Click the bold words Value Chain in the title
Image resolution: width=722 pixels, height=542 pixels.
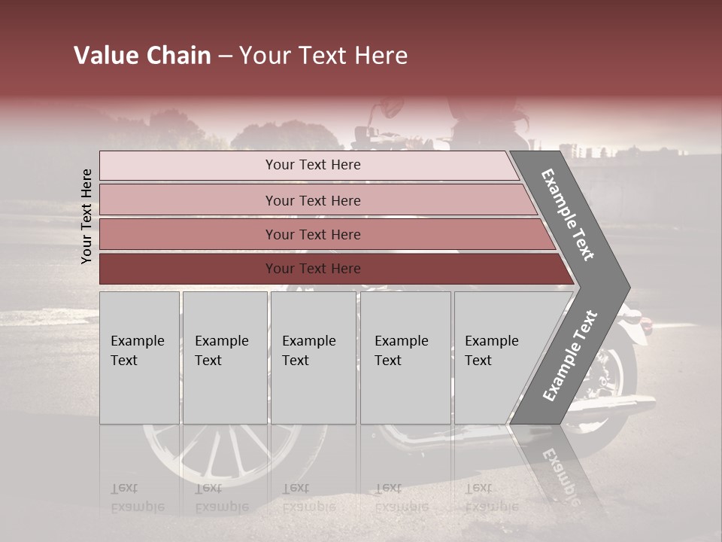pos(142,56)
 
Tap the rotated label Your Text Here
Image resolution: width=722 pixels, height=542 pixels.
pos(86,216)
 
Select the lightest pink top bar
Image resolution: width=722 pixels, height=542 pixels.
pos(308,166)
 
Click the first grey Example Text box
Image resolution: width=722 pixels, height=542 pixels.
pos(139,358)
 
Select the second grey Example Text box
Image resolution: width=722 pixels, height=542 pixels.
pos(224,358)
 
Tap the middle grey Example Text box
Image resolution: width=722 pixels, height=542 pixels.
pos(313,358)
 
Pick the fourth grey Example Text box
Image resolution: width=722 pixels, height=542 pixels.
pos(405,358)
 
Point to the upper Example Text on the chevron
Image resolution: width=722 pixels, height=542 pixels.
pos(569,215)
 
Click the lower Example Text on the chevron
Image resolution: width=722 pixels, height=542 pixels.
pos(570,355)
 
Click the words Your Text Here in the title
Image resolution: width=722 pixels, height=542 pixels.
pos(323,56)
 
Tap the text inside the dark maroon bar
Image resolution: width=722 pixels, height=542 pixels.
pos(313,269)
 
